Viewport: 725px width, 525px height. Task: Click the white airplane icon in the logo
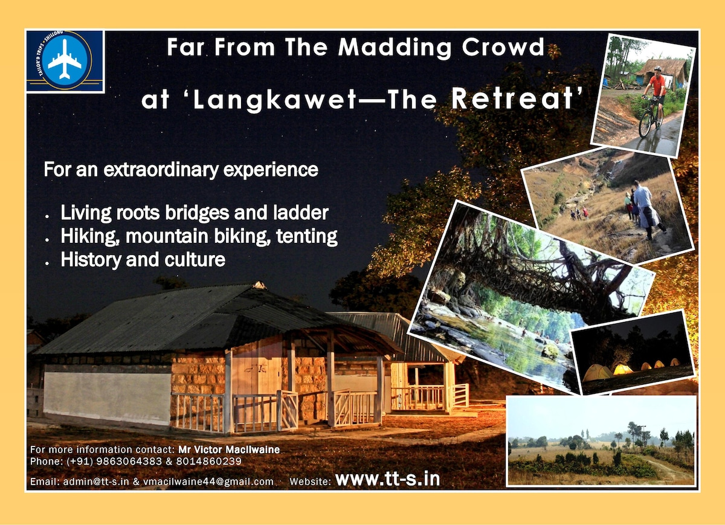coord(65,59)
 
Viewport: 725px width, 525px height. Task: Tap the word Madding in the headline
coord(395,48)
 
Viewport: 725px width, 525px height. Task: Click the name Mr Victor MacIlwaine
coord(229,449)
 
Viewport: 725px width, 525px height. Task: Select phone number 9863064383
coord(129,461)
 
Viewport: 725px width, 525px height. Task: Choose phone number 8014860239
coord(209,461)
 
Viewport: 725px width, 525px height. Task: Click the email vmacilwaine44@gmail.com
coord(208,482)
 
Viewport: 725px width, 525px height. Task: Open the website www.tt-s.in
coord(387,478)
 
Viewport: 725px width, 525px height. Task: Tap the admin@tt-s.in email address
coord(96,482)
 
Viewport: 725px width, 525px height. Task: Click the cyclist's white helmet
coord(657,69)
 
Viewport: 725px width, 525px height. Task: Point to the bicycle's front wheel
coord(645,124)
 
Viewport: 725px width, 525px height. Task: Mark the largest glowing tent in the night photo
coord(597,372)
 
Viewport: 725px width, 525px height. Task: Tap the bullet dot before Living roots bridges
coord(47,216)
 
